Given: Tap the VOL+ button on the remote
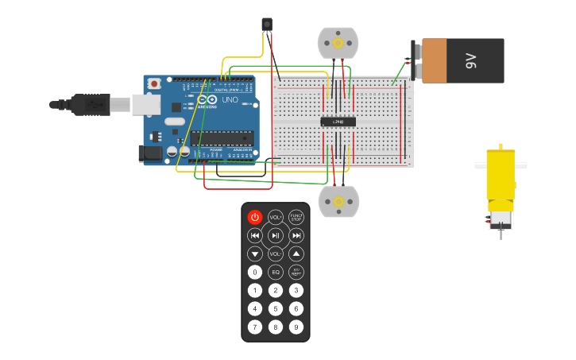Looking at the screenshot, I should click(x=276, y=217).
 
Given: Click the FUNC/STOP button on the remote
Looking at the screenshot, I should click(x=296, y=217).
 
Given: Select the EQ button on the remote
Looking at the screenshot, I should click(x=276, y=272).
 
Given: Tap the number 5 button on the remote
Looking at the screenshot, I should click(x=276, y=308).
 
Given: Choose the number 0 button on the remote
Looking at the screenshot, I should click(x=255, y=272).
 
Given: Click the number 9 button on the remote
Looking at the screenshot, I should click(x=296, y=327).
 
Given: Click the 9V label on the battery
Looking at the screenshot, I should click(x=470, y=60).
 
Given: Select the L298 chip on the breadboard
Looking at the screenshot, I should click(x=338, y=122).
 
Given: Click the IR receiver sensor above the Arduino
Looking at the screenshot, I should click(x=267, y=25).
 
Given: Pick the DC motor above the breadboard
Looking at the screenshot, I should click(x=338, y=43).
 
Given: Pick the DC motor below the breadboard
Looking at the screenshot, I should click(x=338, y=201).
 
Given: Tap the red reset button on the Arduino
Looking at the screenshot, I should click(x=154, y=83).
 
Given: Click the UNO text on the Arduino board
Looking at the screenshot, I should click(x=229, y=102).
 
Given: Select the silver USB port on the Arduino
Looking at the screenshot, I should click(x=144, y=103).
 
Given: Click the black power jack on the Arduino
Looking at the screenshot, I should click(x=149, y=153).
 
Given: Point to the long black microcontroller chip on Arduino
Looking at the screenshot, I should click(x=222, y=137).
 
